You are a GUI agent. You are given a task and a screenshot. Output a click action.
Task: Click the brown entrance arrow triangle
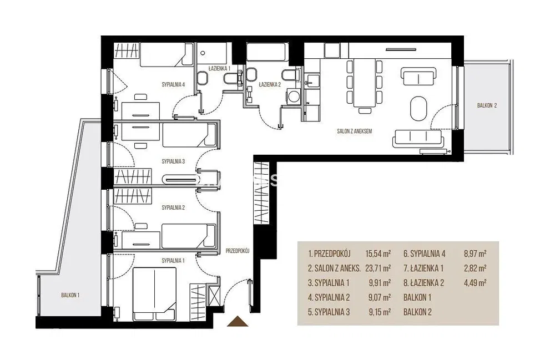pyautogui.click(x=237, y=321)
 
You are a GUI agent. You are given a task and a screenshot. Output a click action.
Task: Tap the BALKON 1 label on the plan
pyautogui.click(x=70, y=295)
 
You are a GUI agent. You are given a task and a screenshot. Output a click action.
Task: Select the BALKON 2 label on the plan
pyautogui.click(x=487, y=105)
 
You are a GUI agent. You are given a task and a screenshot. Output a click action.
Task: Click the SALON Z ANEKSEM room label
pyautogui.click(x=354, y=131)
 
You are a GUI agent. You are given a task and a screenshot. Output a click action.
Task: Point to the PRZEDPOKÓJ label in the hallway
pyautogui.click(x=238, y=251)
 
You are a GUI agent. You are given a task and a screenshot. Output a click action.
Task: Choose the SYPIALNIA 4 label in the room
pyautogui.click(x=173, y=84)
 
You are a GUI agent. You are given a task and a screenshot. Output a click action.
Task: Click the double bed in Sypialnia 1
pyautogui.click(x=154, y=294)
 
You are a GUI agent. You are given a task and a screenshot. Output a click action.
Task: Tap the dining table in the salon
pyautogui.click(x=365, y=83)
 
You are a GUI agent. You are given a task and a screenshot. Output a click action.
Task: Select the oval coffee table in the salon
pyautogui.click(x=418, y=108)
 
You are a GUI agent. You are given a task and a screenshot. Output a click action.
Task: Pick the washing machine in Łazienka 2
pyautogui.click(x=294, y=96)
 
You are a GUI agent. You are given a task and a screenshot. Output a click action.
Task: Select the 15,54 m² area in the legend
pyautogui.click(x=378, y=253)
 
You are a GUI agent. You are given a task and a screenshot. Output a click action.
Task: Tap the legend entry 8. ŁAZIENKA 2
pyautogui.click(x=423, y=283)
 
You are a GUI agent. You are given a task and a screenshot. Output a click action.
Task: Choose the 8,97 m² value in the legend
pyautogui.click(x=475, y=253)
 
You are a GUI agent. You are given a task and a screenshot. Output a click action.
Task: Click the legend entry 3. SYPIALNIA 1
pyautogui.click(x=329, y=283)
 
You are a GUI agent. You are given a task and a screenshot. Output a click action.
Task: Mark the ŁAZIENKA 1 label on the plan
pyautogui.click(x=219, y=68)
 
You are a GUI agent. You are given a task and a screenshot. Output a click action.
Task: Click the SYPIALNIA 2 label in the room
pyautogui.click(x=173, y=207)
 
